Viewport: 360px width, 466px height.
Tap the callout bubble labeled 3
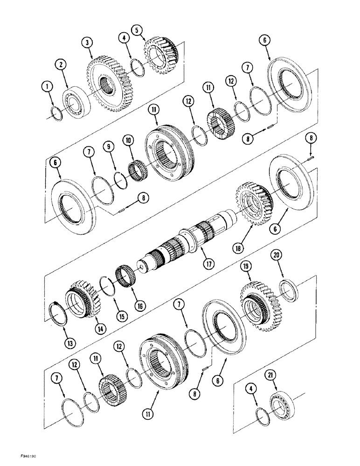[x=86, y=43]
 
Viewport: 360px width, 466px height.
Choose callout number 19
[x=246, y=267]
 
